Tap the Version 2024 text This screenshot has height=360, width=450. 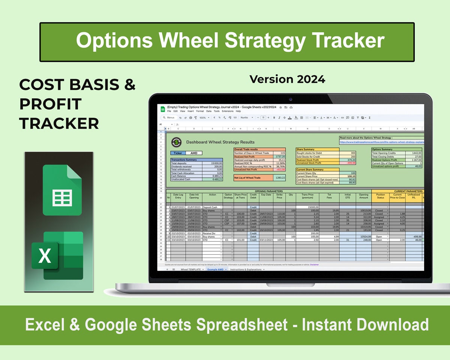point(287,79)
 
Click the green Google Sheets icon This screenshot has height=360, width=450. point(62,190)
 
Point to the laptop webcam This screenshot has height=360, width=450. point(290,99)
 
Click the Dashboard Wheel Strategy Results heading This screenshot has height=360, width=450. point(220,142)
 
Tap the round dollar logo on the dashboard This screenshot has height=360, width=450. point(176,142)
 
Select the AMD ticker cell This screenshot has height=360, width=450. point(194,153)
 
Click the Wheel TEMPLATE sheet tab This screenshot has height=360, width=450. point(190,269)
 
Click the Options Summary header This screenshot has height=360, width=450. point(382,149)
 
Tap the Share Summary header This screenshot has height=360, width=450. point(305,149)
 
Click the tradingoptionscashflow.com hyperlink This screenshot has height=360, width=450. point(381,142)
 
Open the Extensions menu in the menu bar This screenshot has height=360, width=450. point(227,111)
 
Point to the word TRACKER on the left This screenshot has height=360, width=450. point(59,123)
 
